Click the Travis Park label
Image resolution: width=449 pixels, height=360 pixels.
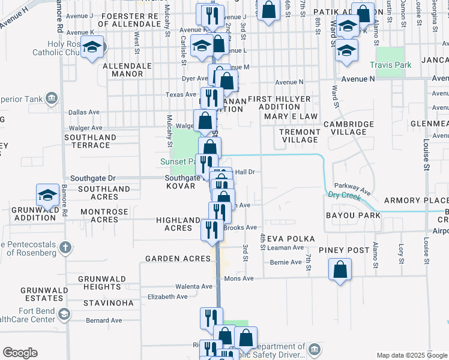390,65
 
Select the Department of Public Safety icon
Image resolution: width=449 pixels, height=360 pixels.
314,349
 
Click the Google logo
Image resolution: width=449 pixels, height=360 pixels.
20,353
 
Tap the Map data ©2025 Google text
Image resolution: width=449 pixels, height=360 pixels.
412,356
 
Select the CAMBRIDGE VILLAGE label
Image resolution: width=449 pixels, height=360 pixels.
349,128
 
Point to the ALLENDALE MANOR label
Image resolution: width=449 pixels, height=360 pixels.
123,70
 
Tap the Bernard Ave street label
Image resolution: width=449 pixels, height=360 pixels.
104,321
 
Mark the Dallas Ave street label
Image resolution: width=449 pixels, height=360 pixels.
84,112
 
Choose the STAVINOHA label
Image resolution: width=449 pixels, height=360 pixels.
109,303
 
